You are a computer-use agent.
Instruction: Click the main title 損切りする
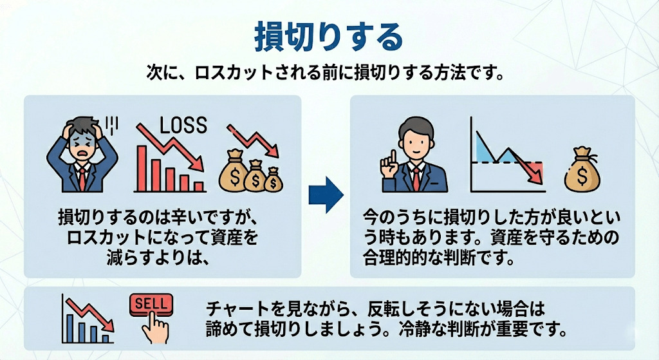[x=329, y=37]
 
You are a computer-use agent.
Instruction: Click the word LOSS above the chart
[x=183, y=126]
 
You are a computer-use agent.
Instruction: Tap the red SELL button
[x=151, y=303]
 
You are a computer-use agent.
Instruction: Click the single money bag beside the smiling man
[x=582, y=169]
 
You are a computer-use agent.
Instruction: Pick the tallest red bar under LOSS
[x=142, y=169]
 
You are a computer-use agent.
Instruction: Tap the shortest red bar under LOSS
[x=198, y=187]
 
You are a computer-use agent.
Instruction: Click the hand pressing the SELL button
[x=154, y=328]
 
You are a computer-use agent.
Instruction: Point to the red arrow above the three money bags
[x=253, y=140]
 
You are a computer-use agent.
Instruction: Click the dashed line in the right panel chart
[x=507, y=162]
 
